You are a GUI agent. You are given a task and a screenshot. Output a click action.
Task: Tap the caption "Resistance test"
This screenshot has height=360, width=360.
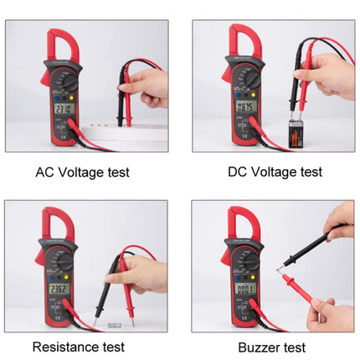[79, 346]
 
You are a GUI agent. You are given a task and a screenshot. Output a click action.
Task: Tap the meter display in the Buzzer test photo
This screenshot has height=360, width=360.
[244, 288]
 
